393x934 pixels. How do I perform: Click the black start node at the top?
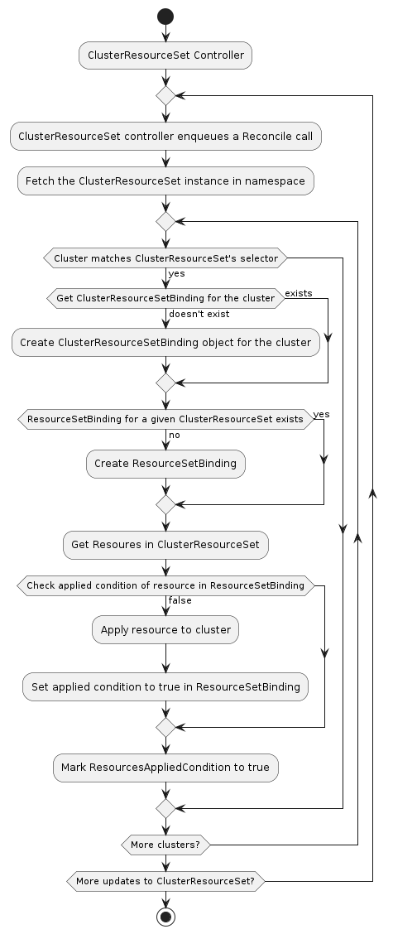point(165,16)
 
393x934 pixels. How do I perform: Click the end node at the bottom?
point(165,917)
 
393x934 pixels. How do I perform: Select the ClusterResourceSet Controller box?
point(165,56)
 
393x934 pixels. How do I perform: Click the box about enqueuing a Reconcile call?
point(165,136)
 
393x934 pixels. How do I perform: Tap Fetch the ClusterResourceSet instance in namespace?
point(165,181)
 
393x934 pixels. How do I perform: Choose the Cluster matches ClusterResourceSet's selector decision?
point(165,259)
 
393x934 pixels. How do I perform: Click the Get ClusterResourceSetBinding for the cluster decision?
point(165,298)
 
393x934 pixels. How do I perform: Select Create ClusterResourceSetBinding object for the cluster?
point(165,342)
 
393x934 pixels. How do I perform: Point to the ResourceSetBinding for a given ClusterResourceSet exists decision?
point(165,420)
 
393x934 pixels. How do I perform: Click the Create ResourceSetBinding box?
point(165,464)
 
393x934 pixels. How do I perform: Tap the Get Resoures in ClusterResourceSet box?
point(165,544)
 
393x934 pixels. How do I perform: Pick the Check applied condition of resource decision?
point(165,585)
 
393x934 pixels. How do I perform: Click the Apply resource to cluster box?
point(165,629)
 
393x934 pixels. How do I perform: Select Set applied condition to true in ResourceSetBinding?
point(165,686)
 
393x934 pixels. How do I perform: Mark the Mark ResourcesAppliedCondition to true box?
point(165,767)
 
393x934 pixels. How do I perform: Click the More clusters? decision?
point(165,845)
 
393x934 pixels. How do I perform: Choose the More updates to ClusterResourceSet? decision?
point(165,882)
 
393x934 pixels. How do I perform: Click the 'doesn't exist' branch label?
point(199,314)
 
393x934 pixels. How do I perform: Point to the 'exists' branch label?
point(298,293)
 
